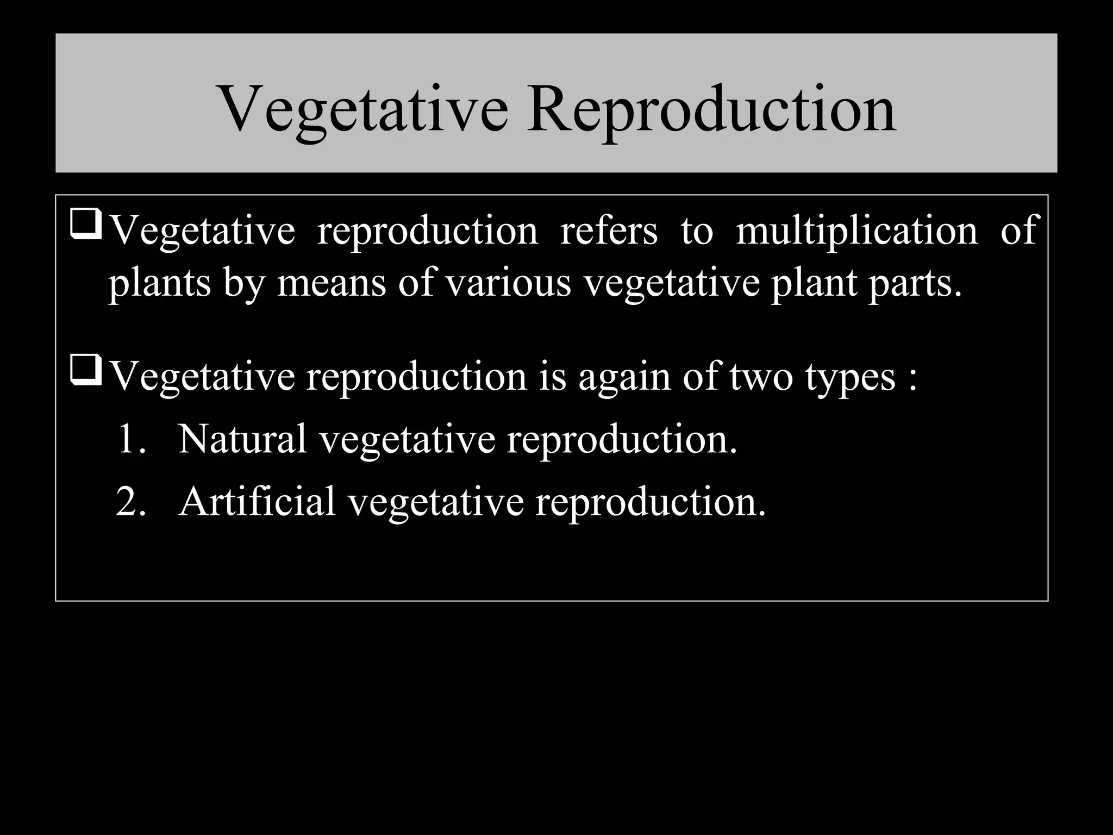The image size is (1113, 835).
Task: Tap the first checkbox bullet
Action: pos(86,226)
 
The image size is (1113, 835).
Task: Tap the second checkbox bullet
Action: pos(86,372)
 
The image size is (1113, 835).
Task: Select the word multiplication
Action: pos(856,230)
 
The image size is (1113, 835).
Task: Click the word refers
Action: pos(609,230)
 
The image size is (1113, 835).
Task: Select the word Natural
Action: pos(242,439)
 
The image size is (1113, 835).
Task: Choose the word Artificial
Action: pos(257,501)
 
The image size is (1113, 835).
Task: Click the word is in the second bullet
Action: pos(553,376)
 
